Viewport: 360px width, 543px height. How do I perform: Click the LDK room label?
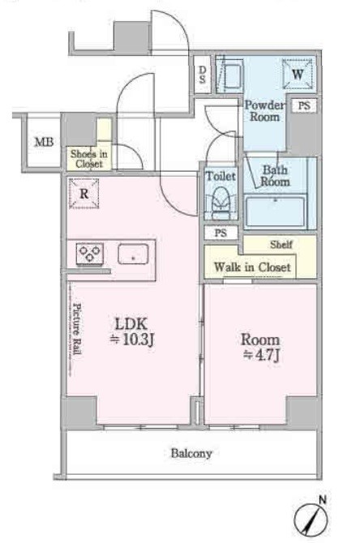pos(131,324)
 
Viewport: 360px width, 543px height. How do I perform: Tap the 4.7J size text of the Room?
pos(261,355)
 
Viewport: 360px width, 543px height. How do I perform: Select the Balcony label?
pos(191,453)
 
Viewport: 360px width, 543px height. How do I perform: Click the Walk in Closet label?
pos(252,267)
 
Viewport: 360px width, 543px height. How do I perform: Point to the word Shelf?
pos(281,245)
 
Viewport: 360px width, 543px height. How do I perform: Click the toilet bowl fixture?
pos(221,204)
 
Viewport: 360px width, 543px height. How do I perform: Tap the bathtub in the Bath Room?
pos(275,211)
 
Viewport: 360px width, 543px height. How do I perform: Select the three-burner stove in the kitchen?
pos(90,254)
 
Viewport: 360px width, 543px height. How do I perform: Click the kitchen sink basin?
pos(133,254)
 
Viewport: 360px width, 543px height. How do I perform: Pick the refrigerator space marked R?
pos(84,194)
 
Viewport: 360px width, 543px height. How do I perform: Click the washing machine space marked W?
pos(298,74)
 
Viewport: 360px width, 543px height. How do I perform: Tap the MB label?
pos(45,142)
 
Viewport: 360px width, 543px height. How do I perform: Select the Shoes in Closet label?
pos(88,159)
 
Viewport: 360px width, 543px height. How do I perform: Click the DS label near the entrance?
pos(202,75)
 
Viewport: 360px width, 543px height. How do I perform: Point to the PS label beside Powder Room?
pos(304,105)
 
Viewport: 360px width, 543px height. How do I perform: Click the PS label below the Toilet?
pos(221,233)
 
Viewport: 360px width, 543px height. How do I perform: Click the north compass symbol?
pos(311,519)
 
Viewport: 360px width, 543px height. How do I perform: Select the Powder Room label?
pos(264,111)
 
